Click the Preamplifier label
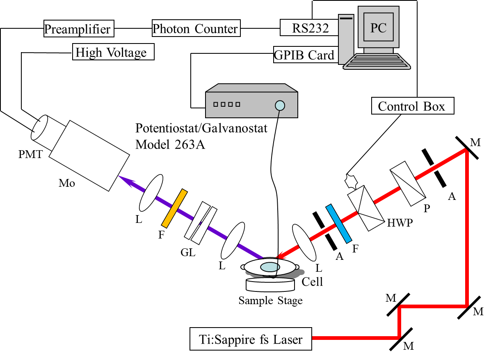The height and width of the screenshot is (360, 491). coord(78,30)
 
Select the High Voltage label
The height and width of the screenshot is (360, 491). coord(111,53)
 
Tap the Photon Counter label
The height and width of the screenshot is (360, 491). coord(195,29)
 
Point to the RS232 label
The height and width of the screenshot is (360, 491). coord(310,28)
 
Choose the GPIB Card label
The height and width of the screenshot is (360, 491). coord(304,55)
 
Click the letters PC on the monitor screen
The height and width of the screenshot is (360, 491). coord(378,28)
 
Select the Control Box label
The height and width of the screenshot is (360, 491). coord(411,106)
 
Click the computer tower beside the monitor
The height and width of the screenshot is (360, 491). coord(347,37)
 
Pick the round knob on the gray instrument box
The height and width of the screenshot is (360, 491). coord(280,105)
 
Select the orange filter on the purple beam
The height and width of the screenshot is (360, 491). coord(175,209)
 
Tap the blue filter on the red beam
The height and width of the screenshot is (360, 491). coord(339,223)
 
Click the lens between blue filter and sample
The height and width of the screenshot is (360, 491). coord(304,243)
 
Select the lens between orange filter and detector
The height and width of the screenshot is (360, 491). coord(151,193)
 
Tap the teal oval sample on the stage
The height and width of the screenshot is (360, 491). coord(269,266)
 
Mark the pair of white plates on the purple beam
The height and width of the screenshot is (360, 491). coord(201,223)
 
